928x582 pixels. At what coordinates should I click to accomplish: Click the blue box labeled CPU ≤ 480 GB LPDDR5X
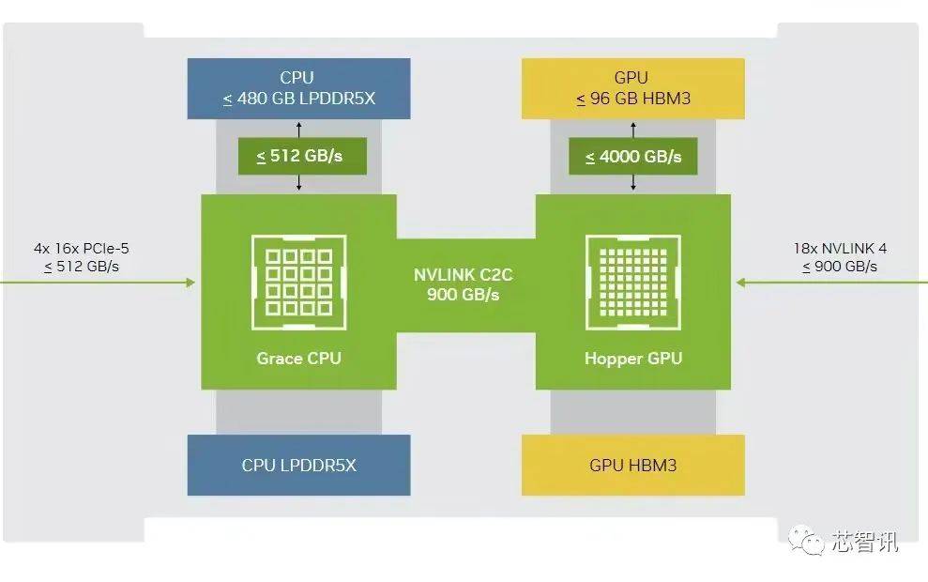coord(299,88)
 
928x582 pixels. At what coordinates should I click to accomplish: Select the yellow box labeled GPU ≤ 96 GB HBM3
coord(633,88)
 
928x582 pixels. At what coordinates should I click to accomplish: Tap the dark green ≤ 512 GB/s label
coord(302,157)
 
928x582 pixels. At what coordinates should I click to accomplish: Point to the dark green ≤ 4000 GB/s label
coord(633,157)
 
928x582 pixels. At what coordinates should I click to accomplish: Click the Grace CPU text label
coord(299,359)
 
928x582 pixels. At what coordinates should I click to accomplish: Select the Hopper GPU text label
coord(633,359)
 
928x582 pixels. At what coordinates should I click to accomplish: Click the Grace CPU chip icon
coord(299,283)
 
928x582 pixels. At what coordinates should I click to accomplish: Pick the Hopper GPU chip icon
coord(633,283)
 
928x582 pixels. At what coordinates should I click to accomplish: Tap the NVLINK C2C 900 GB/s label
coord(464,284)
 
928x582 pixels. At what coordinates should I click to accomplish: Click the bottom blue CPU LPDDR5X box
coord(299,466)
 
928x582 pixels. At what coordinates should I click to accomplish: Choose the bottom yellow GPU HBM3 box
coord(633,466)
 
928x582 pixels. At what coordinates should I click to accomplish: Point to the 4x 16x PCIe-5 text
coord(82,249)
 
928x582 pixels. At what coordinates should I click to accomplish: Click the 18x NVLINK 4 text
coord(841,249)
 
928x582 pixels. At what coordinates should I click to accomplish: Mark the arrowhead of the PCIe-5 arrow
coord(190,283)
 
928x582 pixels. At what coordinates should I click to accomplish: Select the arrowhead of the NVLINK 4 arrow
coord(740,283)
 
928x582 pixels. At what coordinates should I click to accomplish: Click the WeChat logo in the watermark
coord(806,540)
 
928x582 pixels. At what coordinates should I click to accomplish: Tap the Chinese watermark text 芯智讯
coord(865,541)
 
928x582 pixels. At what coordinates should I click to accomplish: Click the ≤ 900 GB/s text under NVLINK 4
coord(840,267)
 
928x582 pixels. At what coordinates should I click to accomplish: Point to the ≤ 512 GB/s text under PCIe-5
coord(82,267)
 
